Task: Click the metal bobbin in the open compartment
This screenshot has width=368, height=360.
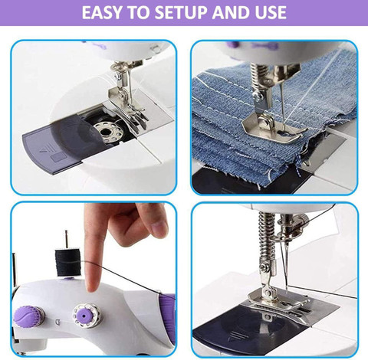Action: click(105, 132)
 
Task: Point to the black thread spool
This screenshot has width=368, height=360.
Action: click(68, 263)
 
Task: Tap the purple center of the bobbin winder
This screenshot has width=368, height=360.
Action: click(84, 316)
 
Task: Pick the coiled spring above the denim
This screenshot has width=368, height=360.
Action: click(258, 74)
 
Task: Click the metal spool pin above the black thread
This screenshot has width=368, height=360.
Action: click(67, 239)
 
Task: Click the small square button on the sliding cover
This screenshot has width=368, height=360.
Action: click(57, 158)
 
